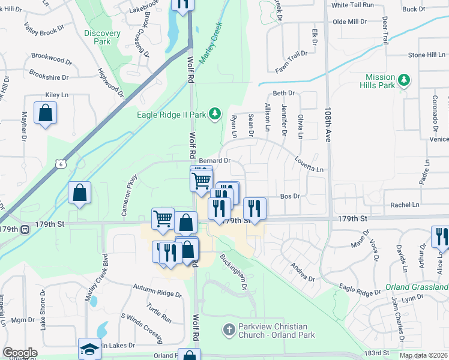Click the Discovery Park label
point(97,37)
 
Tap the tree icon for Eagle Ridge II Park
point(215,114)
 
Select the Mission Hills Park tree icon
point(405,80)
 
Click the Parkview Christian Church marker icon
point(228,329)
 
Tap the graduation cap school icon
point(89,349)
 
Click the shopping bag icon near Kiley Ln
point(45,112)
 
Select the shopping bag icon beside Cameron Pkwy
point(79,193)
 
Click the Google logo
point(20,353)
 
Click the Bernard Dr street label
point(215,161)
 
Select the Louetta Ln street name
point(309,163)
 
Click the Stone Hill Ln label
point(427,55)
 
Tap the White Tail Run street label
point(352,5)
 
